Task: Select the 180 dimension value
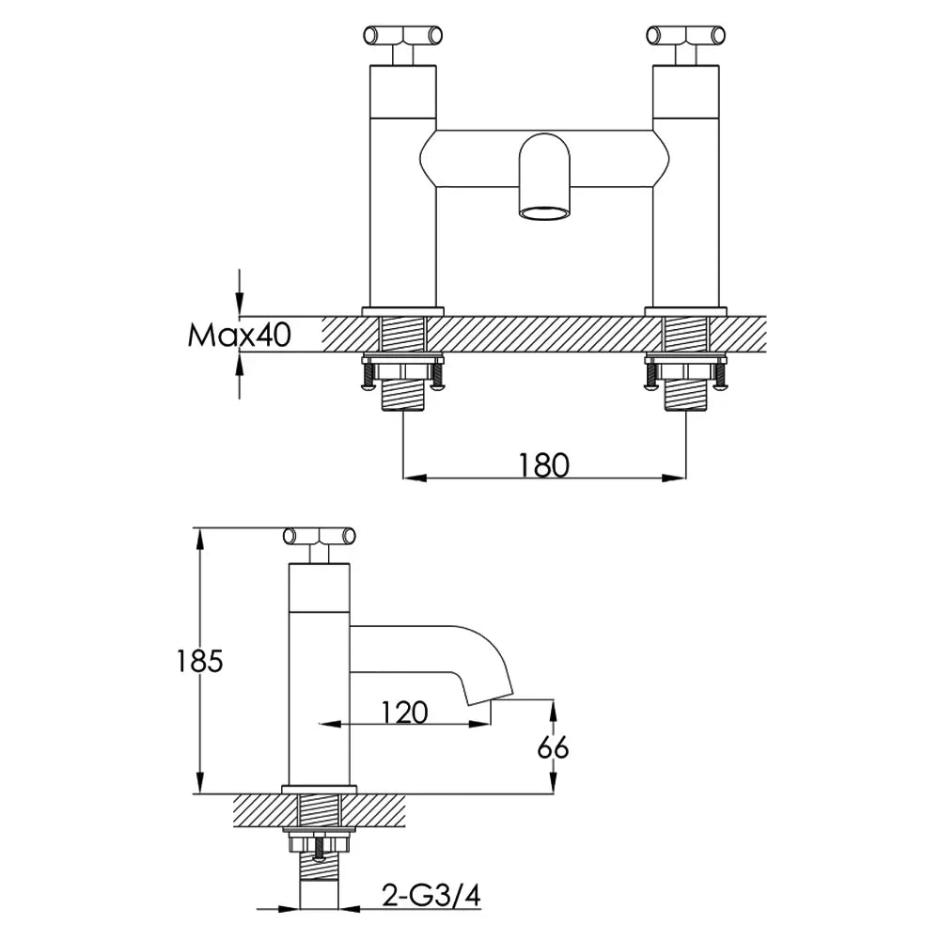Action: [543, 465]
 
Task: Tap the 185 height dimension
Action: [199, 661]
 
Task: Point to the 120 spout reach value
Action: [404, 713]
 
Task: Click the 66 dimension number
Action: [553, 747]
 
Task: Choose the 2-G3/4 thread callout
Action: [431, 897]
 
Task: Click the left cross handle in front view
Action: [403, 36]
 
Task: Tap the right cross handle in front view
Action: [685, 36]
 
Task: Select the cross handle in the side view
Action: [319, 536]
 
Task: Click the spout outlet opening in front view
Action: [544, 212]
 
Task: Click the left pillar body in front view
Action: [403, 186]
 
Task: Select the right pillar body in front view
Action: [685, 186]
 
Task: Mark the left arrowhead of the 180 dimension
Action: [415, 478]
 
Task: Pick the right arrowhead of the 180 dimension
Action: [673, 478]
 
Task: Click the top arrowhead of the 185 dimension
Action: [200, 540]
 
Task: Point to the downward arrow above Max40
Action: [239, 292]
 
